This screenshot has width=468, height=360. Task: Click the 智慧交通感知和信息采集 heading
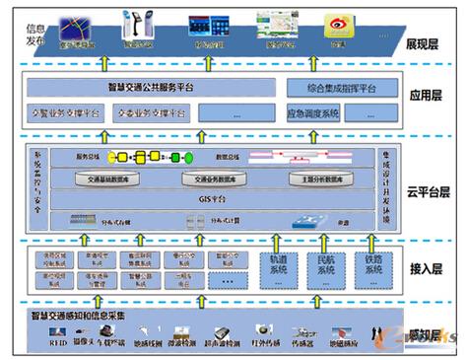(83, 318)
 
